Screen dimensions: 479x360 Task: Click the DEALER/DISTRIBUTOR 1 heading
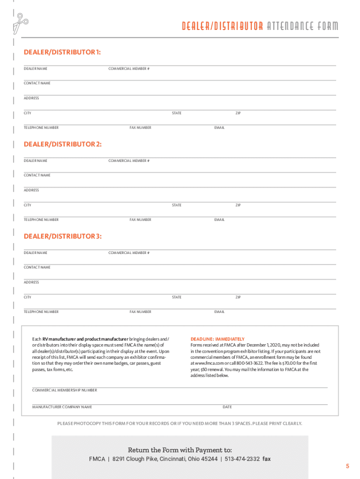pyautogui.click(x=63, y=52)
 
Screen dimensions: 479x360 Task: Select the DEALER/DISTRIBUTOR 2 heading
pyautogui.click(x=63, y=145)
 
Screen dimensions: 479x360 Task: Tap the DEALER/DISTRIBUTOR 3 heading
pyautogui.click(x=63, y=236)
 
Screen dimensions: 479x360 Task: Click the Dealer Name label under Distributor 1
pyautogui.click(x=36, y=69)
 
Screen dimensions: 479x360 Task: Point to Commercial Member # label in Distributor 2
pyautogui.click(x=129, y=161)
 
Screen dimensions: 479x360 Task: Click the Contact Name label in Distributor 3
pyautogui.click(x=37, y=267)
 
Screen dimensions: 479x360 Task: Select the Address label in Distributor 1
pyautogui.click(x=32, y=98)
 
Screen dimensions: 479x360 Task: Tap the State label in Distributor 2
pyautogui.click(x=177, y=205)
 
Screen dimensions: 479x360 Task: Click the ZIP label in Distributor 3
pyautogui.click(x=238, y=297)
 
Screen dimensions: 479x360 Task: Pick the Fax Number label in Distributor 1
pyautogui.click(x=140, y=128)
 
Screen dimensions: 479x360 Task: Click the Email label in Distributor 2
pyautogui.click(x=219, y=220)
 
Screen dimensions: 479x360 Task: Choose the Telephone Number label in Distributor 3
pyautogui.click(x=41, y=312)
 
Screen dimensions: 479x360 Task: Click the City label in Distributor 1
pyautogui.click(x=28, y=113)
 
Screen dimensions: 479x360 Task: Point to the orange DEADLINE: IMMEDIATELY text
pyautogui.click(x=217, y=339)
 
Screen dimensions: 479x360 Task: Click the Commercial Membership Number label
pyautogui.click(x=65, y=390)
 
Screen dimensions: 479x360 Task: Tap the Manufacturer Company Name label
pyautogui.click(x=62, y=407)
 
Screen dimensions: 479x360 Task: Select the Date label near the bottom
pyautogui.click(x=227, y=407)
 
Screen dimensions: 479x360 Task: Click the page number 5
pyautogui.click(x=347, y=466)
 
